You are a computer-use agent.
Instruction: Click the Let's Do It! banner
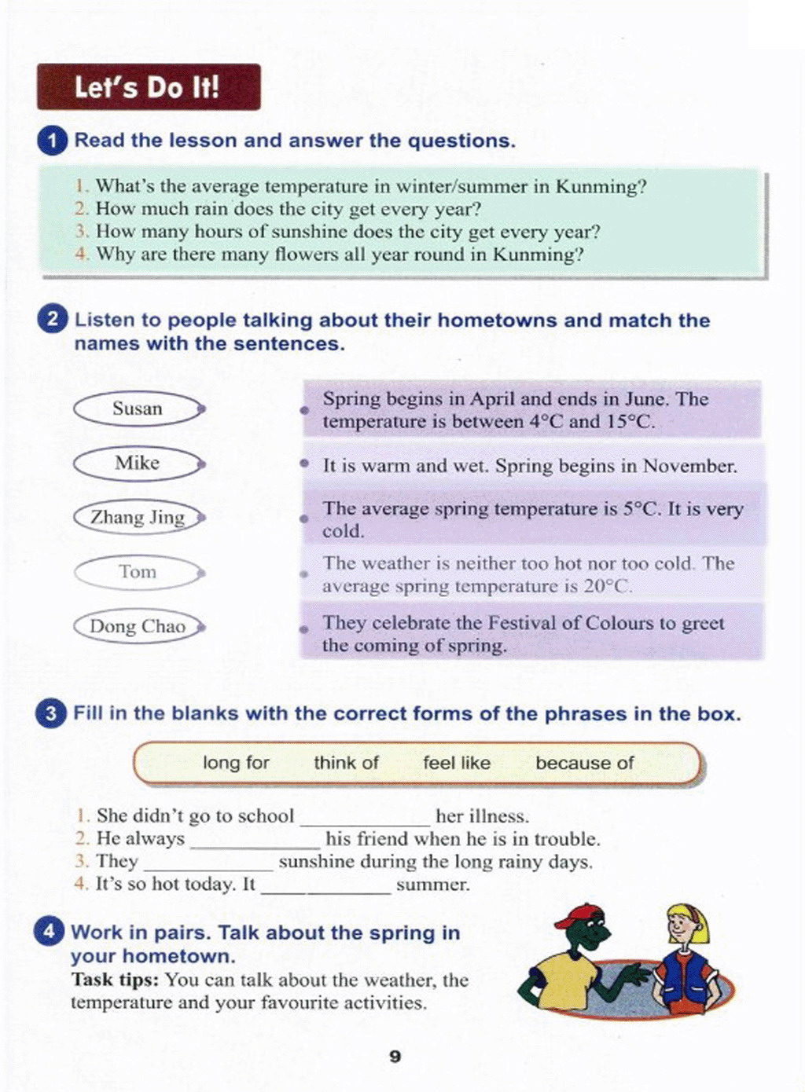[x=148, y=86]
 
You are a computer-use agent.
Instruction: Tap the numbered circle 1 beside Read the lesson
[x=52, y=141]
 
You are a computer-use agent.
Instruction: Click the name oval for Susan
[x=138, y=409]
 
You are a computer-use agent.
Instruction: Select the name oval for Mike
[x=138, y=463]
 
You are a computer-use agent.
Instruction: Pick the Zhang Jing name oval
[x=138, y=517]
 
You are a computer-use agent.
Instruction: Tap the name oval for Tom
[x=138, y=572]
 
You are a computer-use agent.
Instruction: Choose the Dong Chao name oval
[x=138, y=626]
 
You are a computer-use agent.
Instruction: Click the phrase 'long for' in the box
[x=236, y=763]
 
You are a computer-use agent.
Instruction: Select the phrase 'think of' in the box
[x=346, y=763]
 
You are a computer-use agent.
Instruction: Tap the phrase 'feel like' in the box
[x=457, y=763]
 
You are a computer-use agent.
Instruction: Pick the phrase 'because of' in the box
[x=584, y=763]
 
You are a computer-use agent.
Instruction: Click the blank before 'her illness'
[x=365, y=819]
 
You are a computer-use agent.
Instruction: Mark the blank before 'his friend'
[x=255, y=842]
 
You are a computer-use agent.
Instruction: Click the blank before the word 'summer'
[x=325, y=888]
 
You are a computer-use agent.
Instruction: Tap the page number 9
[x=395, y=1057]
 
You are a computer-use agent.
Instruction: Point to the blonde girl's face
[x=678, y=928]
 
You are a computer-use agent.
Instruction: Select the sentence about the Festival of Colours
[x=523, y=633]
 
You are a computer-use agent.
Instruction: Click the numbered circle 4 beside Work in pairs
[x=49, y=933]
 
